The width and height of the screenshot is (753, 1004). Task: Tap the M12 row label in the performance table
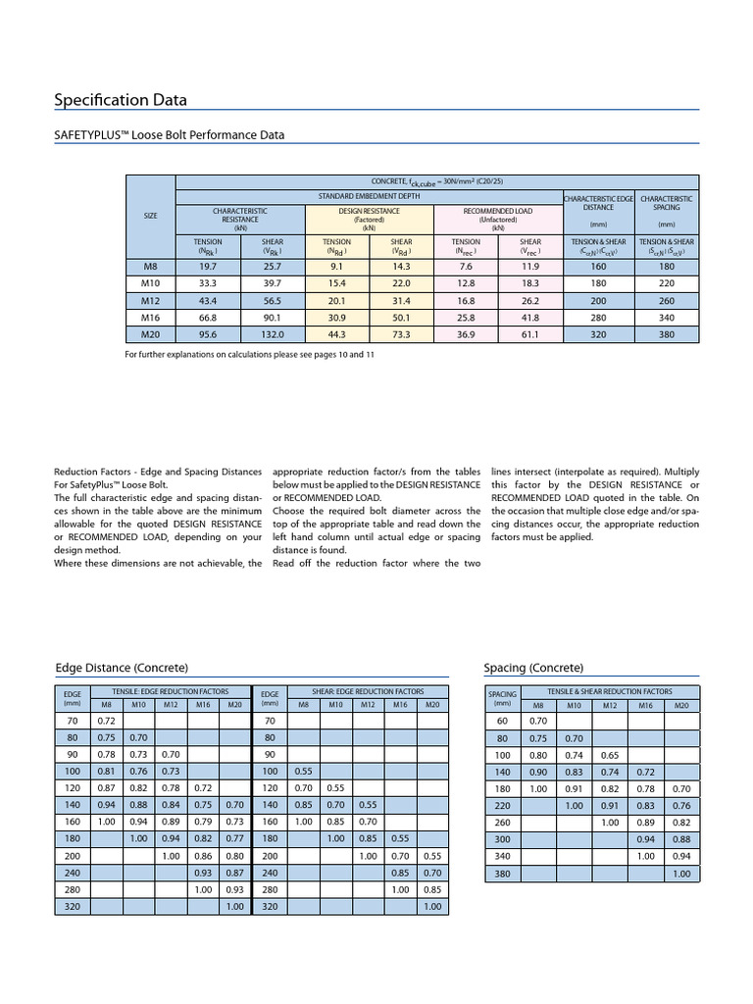tap(150, 300)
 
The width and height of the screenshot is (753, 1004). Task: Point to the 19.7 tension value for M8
tap(208, 265)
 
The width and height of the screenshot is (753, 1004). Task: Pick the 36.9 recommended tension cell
tap(466, 334)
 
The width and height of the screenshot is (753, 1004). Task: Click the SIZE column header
tap(150, 215)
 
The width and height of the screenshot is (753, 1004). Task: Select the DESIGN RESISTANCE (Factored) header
tap(369, 218)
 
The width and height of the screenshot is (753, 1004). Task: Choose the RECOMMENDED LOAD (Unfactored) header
tap(497, 218)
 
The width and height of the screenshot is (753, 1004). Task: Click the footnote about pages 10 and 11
tap(250, 353)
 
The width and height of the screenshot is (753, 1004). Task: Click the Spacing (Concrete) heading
tap(533, 668)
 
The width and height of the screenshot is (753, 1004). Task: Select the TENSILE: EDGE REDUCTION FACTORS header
tap(170, 691)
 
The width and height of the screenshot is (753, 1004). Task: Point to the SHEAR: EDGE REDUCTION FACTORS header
tap(367, 691)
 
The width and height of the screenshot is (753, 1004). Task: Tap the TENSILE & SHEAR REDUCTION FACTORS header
tap(609, 691)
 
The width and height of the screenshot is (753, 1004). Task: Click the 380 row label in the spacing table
tap(503, 874)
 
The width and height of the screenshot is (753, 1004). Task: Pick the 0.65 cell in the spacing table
tap(609, 756)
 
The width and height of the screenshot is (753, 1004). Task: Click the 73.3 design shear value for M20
tap(401, 334)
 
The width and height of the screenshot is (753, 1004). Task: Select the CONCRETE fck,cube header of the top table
tap(436, 181)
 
